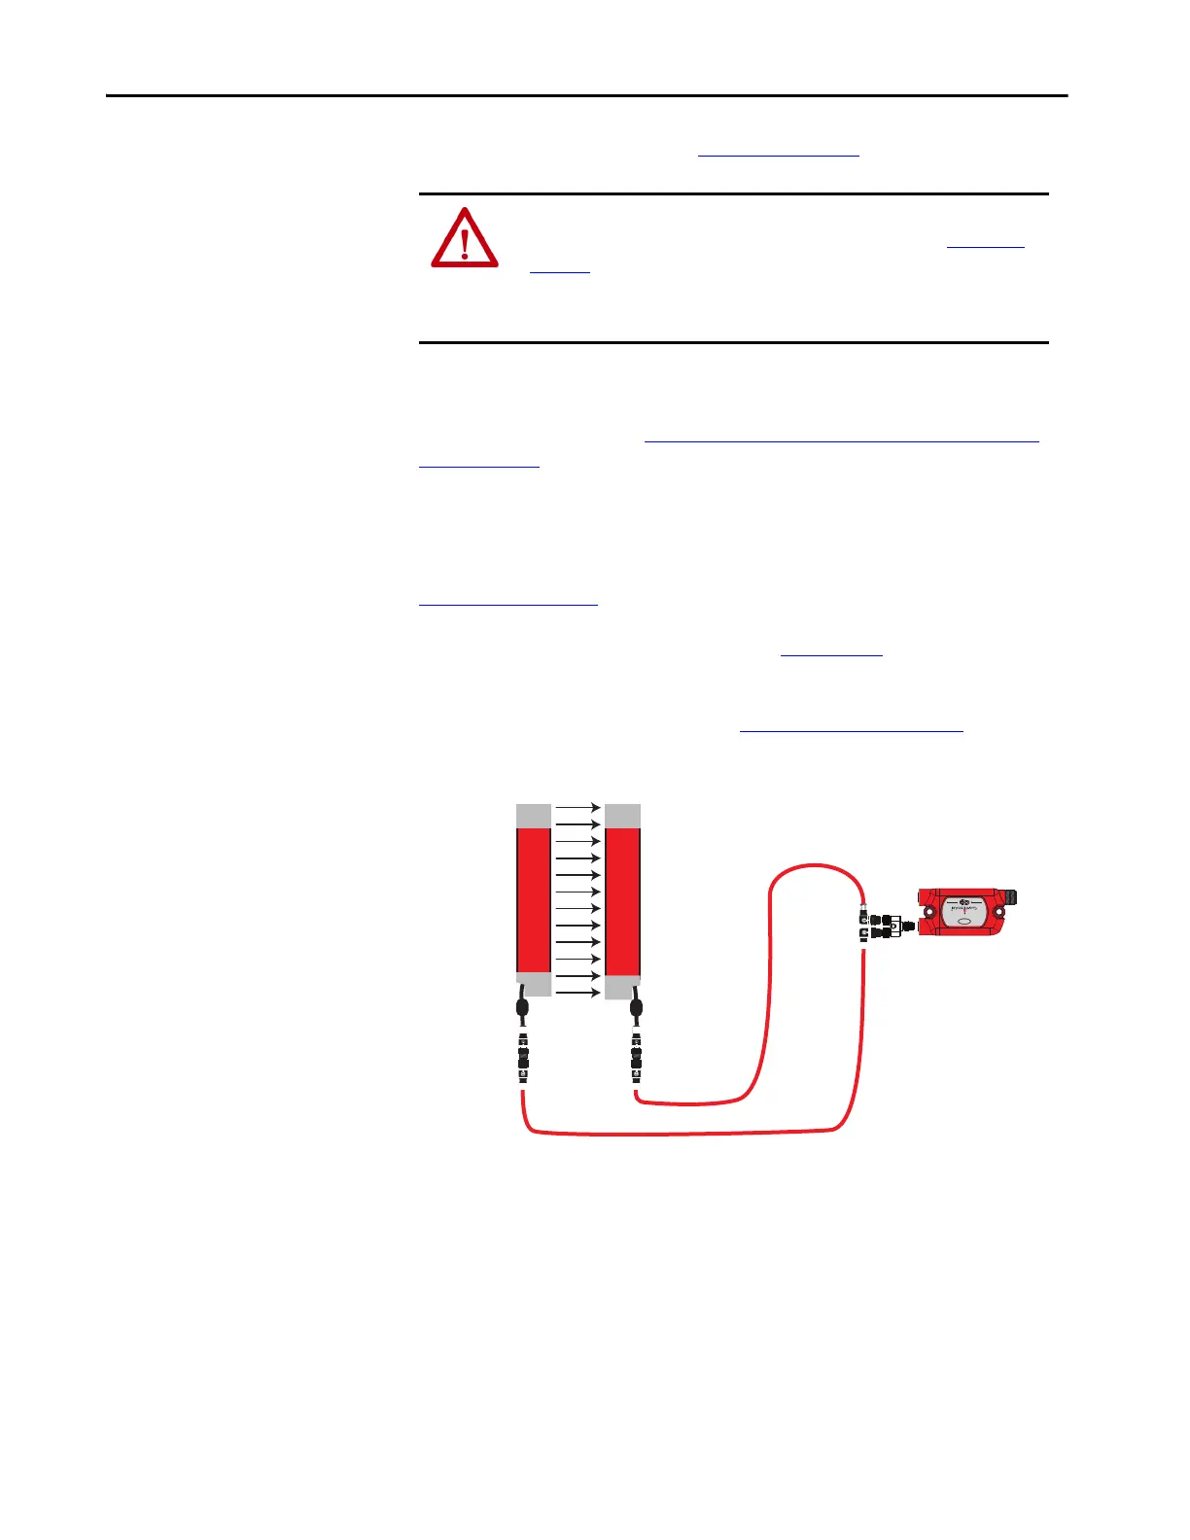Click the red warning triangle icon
(x=465, y=238)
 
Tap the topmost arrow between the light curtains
(x=577, y=807)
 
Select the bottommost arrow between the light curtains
(x=577, y=993)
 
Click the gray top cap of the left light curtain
(x=533, y=816)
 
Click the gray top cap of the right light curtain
(x=622, y=816)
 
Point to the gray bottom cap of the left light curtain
(x=533, y=984)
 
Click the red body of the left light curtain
(x=533, y=899)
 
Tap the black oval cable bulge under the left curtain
(x=522, y=1007)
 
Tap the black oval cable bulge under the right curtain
(x=636, y=1007)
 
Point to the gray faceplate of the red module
(x=964, y=913)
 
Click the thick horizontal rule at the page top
(x=586, y=96)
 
